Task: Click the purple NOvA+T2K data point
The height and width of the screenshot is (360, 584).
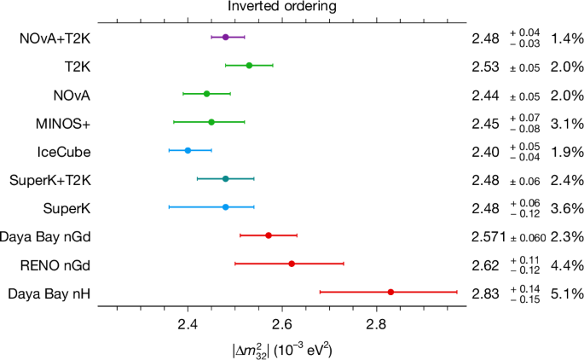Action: pos(225,38)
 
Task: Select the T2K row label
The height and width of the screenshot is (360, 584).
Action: pos(78,66)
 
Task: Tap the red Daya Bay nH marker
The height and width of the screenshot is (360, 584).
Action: pos(390,292)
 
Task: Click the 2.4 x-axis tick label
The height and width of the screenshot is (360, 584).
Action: pos(188,324)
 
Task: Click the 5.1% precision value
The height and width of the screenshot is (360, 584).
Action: pos(567,293)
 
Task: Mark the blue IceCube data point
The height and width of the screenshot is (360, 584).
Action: pos(188,150)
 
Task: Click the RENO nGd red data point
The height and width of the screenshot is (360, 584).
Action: pos(292,264)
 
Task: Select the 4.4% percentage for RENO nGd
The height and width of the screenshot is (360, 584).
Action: pos(567,264)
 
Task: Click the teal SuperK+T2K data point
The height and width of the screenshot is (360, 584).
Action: pos(225,179)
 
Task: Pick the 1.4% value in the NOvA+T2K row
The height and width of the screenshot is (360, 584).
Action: pos(567,38)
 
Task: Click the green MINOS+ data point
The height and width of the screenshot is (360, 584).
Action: pos(211,122)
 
